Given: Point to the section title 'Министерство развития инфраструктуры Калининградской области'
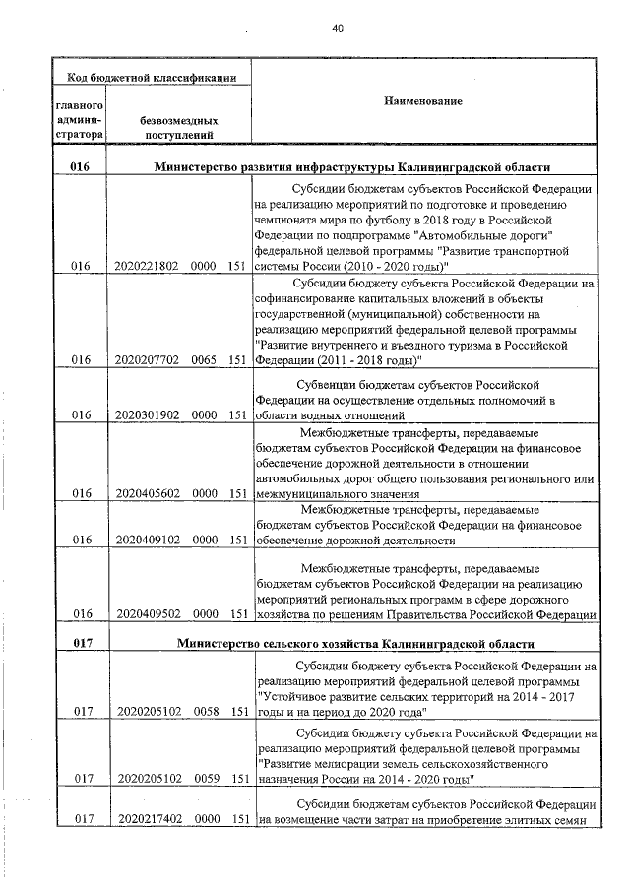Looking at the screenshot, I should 351,168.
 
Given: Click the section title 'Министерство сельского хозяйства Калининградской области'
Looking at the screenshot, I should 355,644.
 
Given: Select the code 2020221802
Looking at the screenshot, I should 147,266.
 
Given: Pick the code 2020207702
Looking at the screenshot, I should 147,359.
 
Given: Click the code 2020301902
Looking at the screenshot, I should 147,414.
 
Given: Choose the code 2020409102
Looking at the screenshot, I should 147,540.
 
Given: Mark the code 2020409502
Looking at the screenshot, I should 147,613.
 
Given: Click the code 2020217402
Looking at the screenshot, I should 147,818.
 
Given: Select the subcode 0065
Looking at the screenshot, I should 205,359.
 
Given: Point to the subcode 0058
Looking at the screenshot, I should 205,710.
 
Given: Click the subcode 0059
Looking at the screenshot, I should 205,778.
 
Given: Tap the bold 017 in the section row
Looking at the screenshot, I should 81,644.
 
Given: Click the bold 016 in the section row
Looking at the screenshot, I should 81,168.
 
